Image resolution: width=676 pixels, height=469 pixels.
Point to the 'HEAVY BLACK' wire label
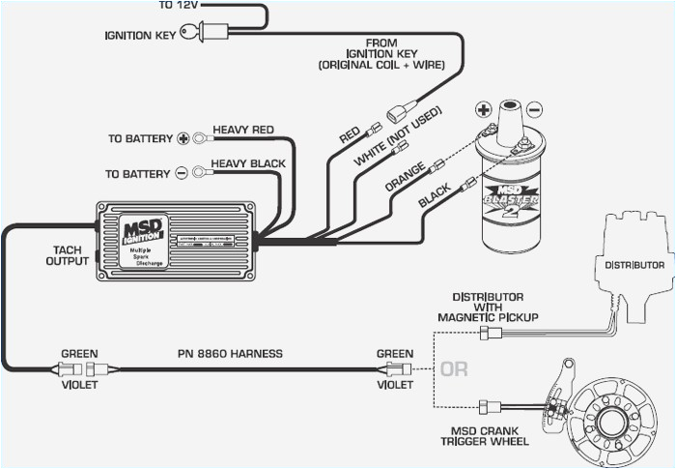pos(248,163)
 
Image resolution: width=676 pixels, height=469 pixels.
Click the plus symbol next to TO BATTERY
pos(183,138)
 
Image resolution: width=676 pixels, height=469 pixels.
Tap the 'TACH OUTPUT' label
pos(68,255)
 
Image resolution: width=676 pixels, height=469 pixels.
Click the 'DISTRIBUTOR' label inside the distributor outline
pos(634,264)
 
